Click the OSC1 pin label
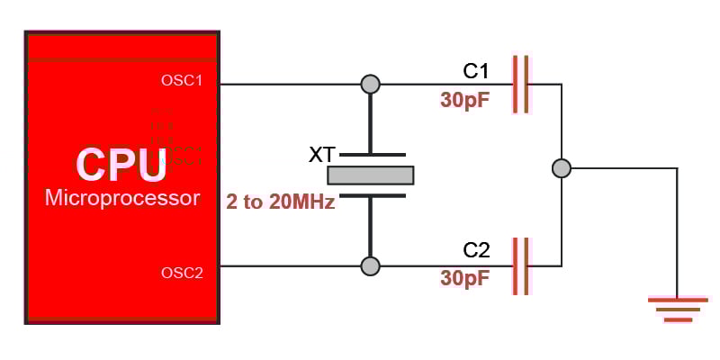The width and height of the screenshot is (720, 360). pos(182,80)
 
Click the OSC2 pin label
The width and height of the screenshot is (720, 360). pos(182,273)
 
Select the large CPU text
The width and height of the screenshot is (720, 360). pos(121,164)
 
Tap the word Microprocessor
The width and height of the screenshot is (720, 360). pos(122,198)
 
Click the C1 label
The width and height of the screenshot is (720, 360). pos(476,71)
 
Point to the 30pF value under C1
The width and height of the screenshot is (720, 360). pos(465,99)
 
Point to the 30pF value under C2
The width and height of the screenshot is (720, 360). pos(465,278)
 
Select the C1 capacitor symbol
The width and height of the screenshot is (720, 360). pos(521,85)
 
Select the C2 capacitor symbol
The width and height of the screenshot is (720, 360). pos(521,265)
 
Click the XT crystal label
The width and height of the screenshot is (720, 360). pos(322,155)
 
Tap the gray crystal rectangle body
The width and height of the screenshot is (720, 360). pos(370,175)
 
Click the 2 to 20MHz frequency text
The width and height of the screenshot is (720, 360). pos(281,202)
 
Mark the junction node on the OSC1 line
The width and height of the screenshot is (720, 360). pos(370,85)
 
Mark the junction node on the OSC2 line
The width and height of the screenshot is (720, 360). pos(370,265)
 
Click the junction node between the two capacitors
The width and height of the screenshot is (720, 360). pos(562,168)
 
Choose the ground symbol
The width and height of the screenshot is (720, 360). pos(677,308)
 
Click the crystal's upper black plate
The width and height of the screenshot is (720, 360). pos(372,155)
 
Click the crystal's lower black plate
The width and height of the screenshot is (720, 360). pos(372,194)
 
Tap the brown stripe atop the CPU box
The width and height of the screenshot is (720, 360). pos(122,60)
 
